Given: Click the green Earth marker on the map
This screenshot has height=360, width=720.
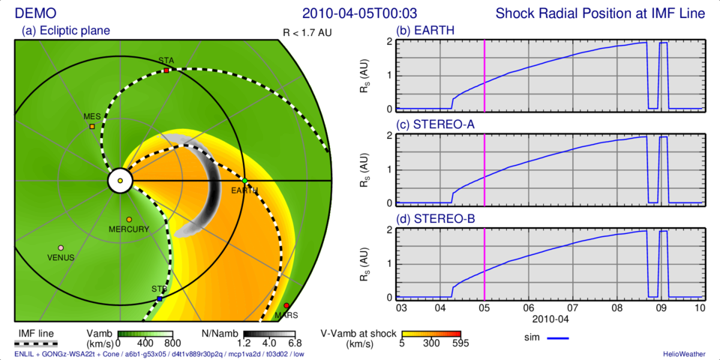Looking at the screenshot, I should (x=244, y=181).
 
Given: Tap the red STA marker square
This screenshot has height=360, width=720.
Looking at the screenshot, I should (x=166, y=70).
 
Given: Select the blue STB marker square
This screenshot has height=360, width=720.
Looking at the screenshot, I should (x=159, y=299).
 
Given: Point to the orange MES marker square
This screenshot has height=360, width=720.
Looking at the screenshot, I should (x=92, y=127).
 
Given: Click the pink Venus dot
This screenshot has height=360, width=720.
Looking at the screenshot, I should (x=61, y=247).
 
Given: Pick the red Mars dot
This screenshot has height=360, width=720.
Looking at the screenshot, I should (x=286, y=306).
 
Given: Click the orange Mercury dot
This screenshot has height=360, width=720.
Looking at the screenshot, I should (x=129, y=220).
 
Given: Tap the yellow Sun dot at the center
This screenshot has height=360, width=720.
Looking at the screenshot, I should (x=120, y=181).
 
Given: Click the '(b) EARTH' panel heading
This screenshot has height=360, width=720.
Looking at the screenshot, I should (x=425, y=31).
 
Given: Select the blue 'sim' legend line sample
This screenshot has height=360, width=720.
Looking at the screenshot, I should (x=559, y=338).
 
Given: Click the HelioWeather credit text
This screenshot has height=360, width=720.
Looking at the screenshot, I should (x=682, y=353).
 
